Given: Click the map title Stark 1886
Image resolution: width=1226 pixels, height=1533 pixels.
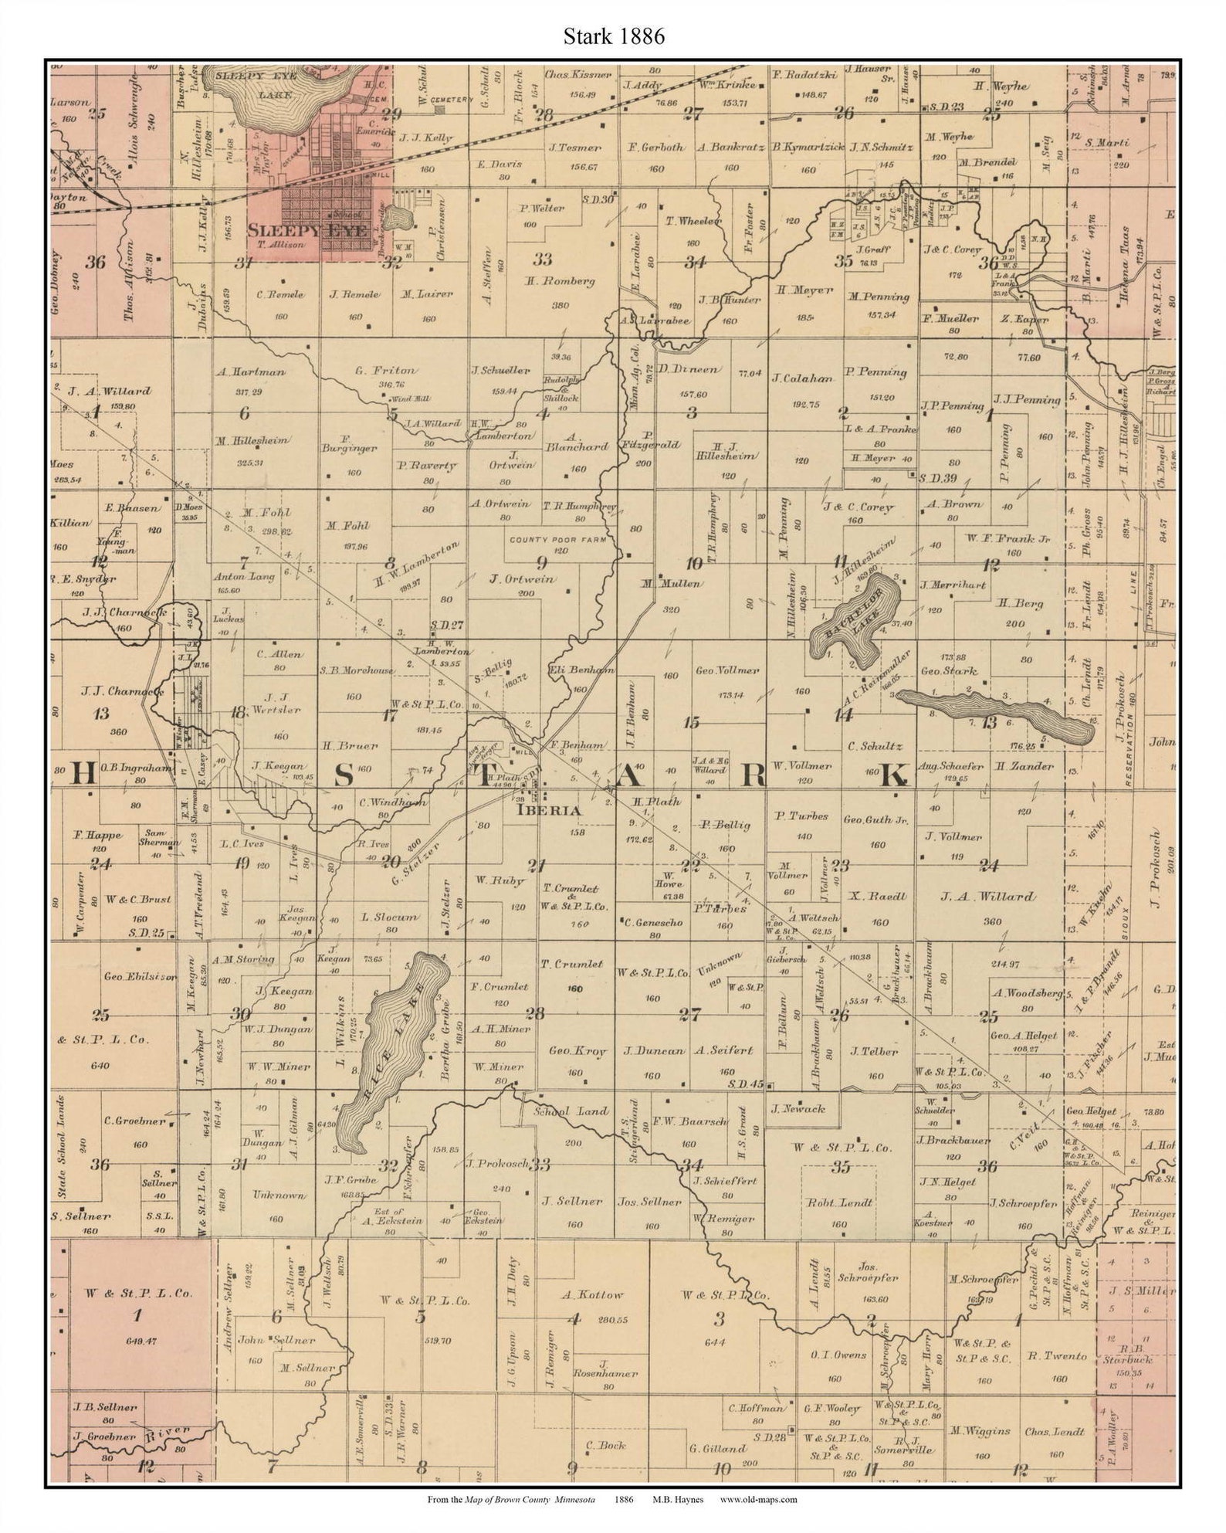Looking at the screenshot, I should click(x=614, y=36).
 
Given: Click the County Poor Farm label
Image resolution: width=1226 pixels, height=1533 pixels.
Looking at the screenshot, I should click(x=549, y=539).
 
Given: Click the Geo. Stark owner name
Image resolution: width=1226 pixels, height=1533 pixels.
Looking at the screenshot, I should click(x=949, y=671).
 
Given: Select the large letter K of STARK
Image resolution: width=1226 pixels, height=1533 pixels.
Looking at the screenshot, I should click(x=893, y=775).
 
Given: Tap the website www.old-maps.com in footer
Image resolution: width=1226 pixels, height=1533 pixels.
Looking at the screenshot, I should click(x=759, y=1500).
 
